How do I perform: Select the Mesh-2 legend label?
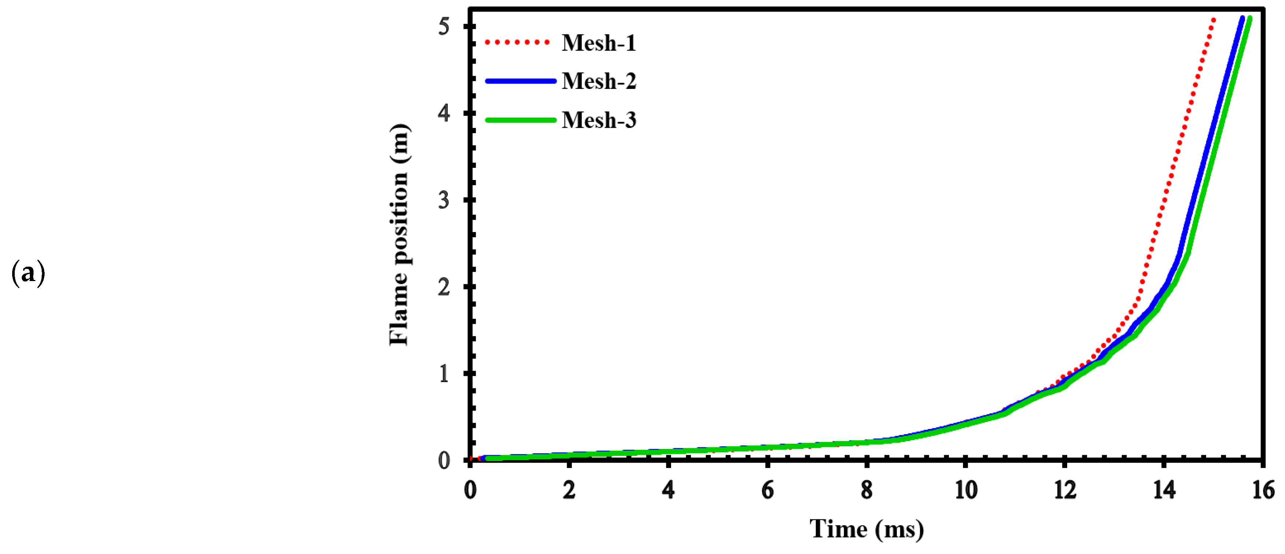598,82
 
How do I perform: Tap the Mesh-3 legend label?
598,120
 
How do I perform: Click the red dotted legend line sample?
517,43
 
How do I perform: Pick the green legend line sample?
520,120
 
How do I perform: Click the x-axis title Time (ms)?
866,529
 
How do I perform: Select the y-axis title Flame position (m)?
399,235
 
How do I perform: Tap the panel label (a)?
28,274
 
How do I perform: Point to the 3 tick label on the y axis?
444,200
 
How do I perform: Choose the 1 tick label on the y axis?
444,373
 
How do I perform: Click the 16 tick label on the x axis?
1263,490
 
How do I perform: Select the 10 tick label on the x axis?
966,490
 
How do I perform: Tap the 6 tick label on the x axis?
768,490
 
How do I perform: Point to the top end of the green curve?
1250,19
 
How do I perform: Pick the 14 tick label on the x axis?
1164,490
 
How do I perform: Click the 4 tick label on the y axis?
444,113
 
